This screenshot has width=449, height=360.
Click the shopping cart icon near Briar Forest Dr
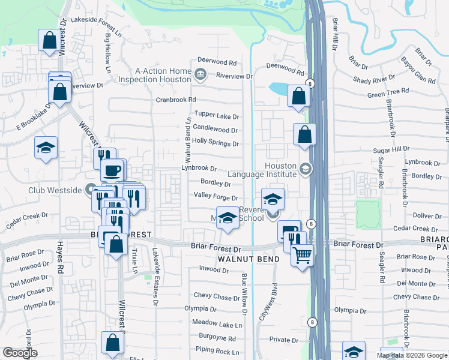pos(303,254)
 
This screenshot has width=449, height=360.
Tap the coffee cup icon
pos(112,170)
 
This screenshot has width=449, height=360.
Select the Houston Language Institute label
pos(281,170)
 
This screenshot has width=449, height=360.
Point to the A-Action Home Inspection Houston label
pos(155,75)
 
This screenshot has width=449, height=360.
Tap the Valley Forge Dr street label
pos(216,197)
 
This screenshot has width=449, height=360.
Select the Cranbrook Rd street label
pos(176,100)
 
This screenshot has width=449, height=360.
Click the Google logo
pos(20,353)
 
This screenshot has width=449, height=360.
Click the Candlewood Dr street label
pos(215,130)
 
